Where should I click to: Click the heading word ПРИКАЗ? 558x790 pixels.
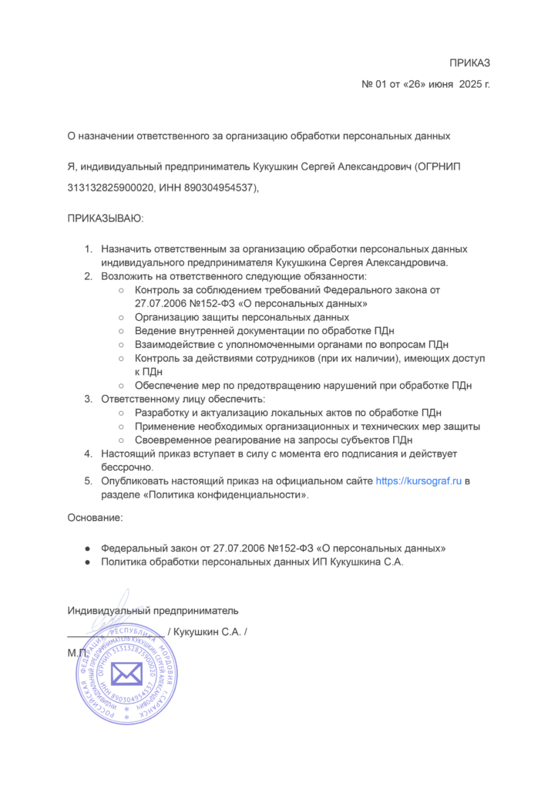[x=470, y=63]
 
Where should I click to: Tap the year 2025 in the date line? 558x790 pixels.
[x=471, y=84]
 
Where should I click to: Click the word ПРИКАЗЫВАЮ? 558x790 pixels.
[x=105, y=219]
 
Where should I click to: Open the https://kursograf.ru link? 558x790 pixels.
[x=418, y=481]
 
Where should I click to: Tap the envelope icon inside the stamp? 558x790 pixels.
[x=126, y=674]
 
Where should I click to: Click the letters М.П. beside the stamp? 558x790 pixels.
[x=78, y=653]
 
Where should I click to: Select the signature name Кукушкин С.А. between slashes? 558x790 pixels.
[x=207, y=632]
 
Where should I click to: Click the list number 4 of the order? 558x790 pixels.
[x=88, y=454]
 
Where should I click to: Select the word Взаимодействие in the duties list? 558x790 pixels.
[x=174, y=344]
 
